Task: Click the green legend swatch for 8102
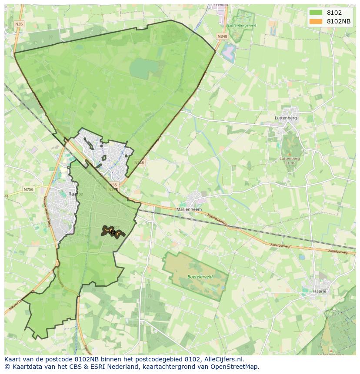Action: tap(316, 13)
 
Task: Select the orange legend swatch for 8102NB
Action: tap(316, 21)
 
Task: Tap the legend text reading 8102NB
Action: tap(339, 21)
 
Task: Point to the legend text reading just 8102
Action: tap(334, 13)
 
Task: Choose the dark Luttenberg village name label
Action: tap(286, 118)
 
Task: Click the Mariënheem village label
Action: tap(189, 209)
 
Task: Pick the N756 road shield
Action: tap(28, 189)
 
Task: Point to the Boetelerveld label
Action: tap(195, 276)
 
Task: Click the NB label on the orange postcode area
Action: tap(112, 232)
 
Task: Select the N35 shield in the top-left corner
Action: tap(19, 24)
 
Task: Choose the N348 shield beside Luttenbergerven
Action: tap(222, 36)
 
